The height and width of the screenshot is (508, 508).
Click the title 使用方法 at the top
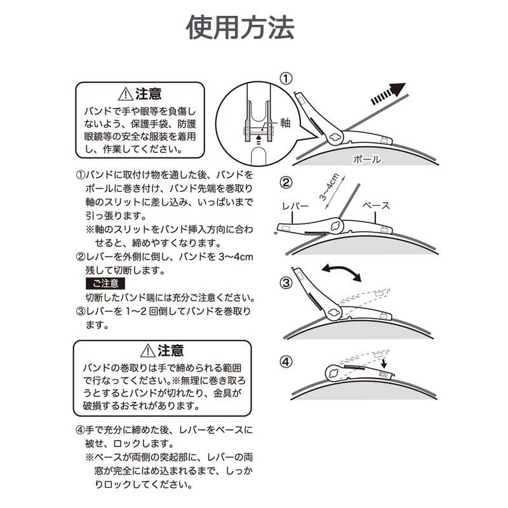pyautogui.click(x=240, y=27)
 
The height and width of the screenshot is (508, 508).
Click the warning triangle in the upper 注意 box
pyautogui.click(x=126, y=94)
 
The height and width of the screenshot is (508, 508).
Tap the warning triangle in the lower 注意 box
pyautogui.click(x=148, y=351)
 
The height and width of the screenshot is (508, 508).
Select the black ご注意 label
pyautogui.click(x=105, y=283)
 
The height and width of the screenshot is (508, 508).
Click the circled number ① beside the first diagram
pyautogui.click(x=286, y=78)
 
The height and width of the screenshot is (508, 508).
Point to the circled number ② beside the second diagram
pyautogui.click(x=286, y=182)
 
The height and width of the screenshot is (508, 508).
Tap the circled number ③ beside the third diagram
pyautogui.click(x=286, y=283)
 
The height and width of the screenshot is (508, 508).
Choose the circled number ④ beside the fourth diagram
pyautogui.click(x=286, y=361)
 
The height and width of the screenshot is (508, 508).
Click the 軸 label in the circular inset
pyautogui.click(x=285, y=123)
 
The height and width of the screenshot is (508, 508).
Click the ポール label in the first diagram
pyautogui.click(x=367, y=159)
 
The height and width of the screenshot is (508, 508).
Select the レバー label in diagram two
pyautogui.click(x=295, y=206)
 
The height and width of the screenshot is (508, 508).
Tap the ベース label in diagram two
pyautogui.click(x=376, y=205)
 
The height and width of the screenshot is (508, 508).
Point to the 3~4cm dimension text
pyautogui.click(x=329, y=187)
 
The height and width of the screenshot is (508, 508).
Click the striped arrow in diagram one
pyautogui.click(x=388, y=93)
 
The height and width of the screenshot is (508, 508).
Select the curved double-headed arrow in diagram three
pyautogui.click(x=341, y=271)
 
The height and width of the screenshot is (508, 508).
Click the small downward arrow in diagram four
pyautogui.click(x=384, y=363)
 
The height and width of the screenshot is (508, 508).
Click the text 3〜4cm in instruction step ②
pyautogui.click(x=236, y=257)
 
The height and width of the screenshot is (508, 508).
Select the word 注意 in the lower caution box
pyautogui.click(x=170, y=351)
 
